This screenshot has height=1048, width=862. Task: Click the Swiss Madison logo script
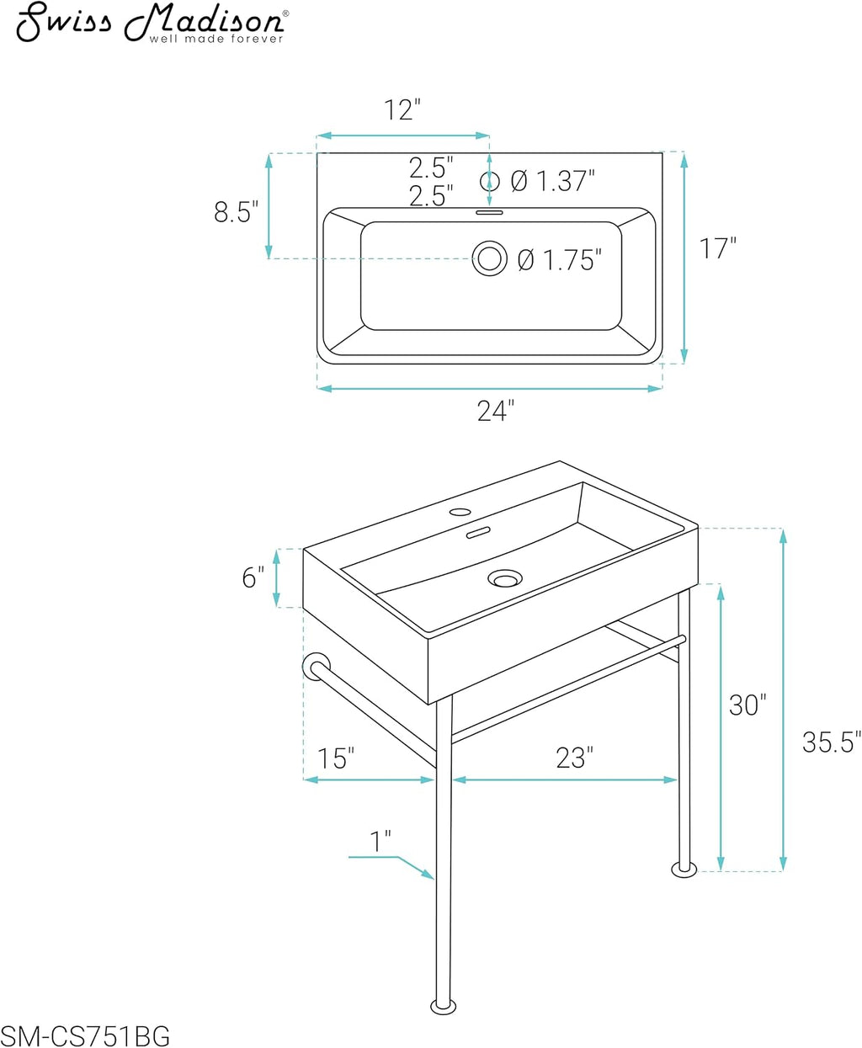pos(152,23)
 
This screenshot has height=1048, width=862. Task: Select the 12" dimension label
pos(402,109)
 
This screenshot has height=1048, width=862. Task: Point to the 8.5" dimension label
pos(236,212)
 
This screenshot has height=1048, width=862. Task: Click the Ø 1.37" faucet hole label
pos(553,181)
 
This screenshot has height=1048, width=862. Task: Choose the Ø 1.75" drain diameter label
pos(560,260)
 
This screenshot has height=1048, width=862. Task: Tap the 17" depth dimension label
pos(717,248)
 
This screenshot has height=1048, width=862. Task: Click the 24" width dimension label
pos(495,411)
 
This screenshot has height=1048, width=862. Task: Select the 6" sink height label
pos(253,577)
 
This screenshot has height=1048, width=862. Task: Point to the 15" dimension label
pos(336,758)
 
